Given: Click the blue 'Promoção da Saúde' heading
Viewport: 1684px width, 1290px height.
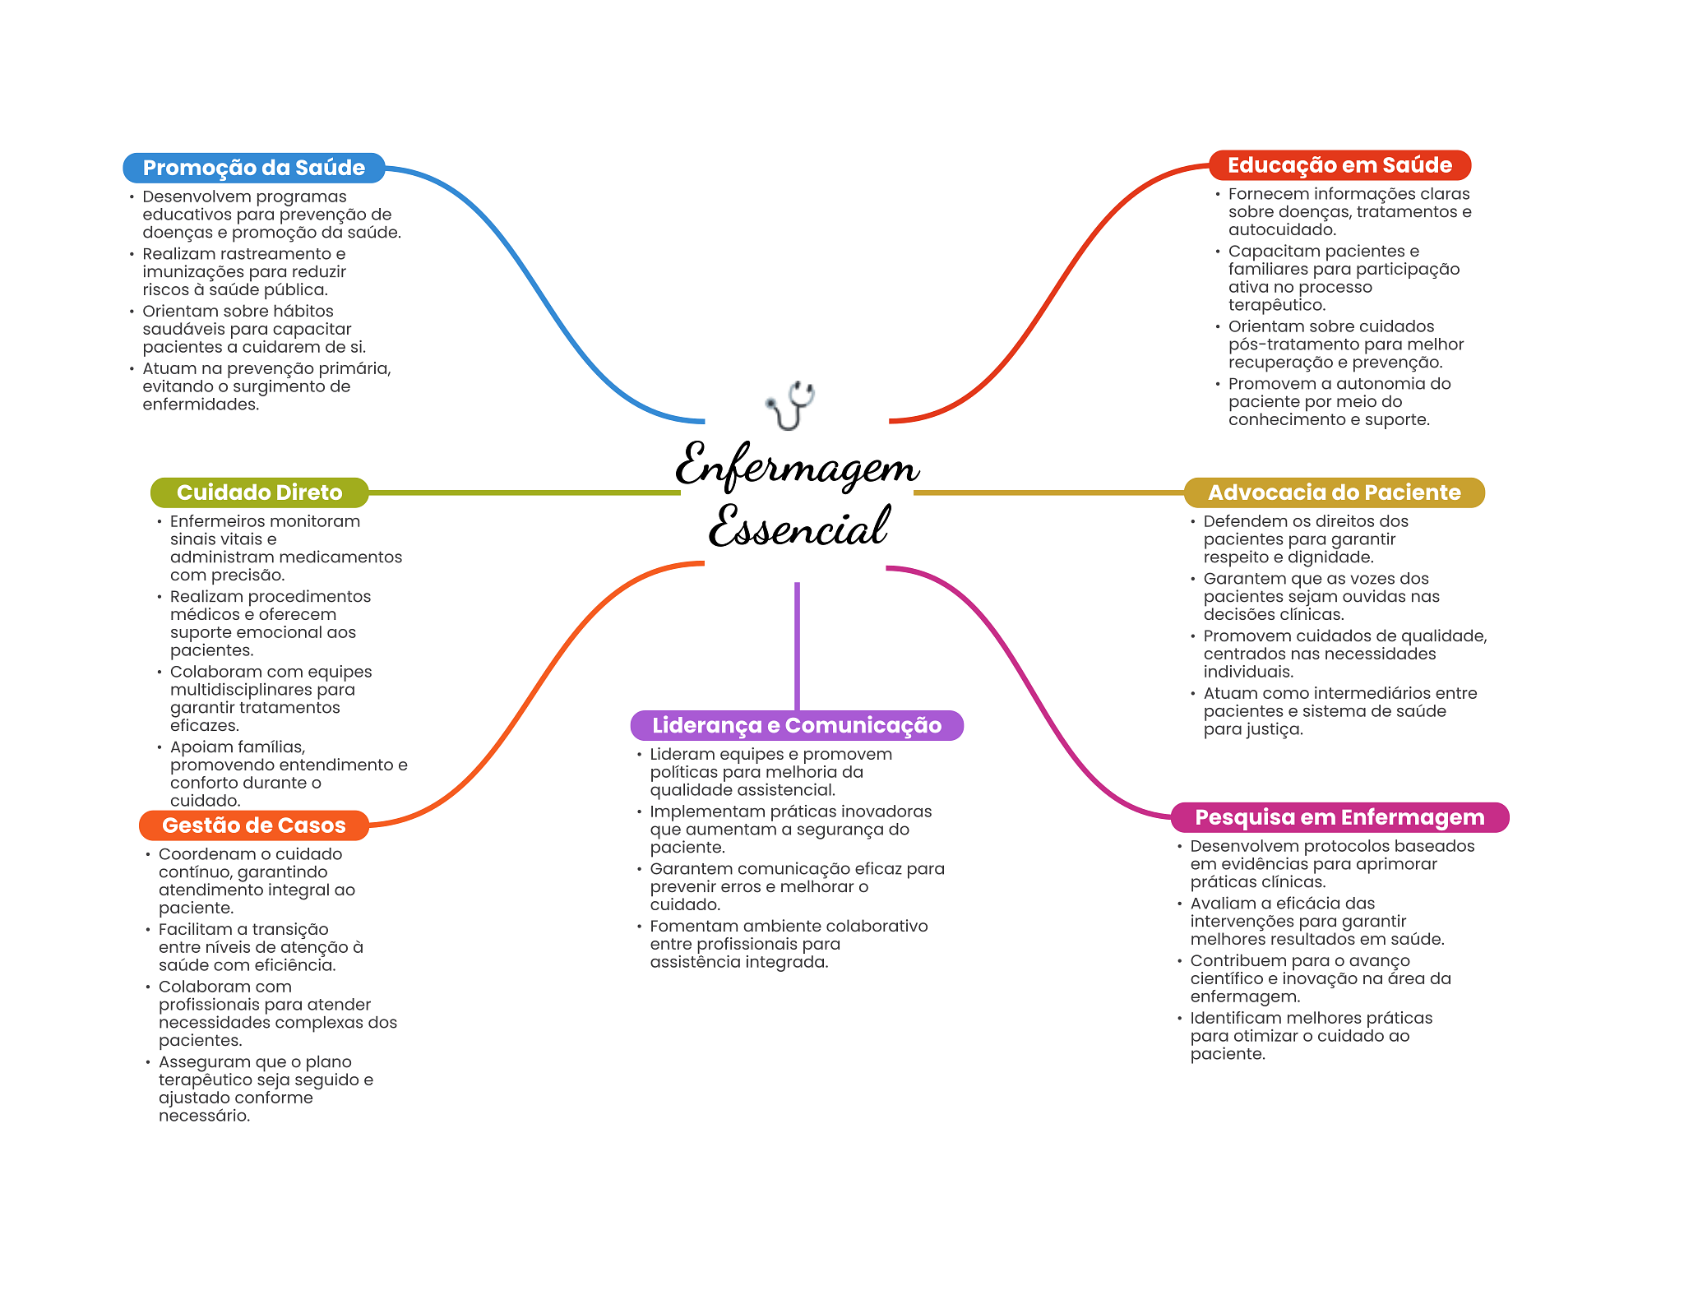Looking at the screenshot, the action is [254, 168].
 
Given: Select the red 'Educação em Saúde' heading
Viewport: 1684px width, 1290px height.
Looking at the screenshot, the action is [1339, 165].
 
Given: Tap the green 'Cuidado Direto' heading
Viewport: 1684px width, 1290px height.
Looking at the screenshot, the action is [259, 492].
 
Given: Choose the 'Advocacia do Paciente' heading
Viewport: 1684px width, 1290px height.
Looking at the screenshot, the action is [1334, 492].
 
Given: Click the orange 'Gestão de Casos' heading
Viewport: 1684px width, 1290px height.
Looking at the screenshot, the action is [254, 825].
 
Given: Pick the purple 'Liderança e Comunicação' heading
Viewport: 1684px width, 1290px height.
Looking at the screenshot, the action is [797, 725].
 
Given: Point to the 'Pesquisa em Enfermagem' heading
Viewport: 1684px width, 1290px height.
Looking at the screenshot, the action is [1339, 817].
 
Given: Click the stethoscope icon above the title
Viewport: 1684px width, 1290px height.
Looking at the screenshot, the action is [790, 405].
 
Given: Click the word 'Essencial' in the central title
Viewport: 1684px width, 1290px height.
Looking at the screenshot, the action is [798, 526].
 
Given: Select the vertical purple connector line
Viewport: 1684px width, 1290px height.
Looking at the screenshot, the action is [797, 646].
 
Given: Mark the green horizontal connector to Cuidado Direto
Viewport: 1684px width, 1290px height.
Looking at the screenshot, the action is [525, 492].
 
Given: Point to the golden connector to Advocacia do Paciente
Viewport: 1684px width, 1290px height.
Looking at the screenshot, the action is [1048, 492].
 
